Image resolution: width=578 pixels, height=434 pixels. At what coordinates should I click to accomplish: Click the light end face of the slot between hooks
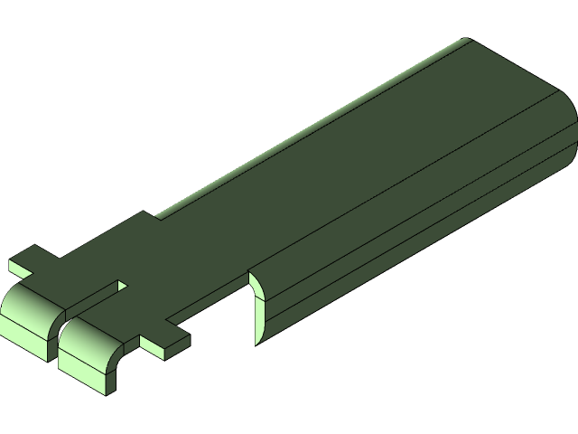122,286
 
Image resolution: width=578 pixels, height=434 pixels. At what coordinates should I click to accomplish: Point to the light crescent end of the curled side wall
257,307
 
